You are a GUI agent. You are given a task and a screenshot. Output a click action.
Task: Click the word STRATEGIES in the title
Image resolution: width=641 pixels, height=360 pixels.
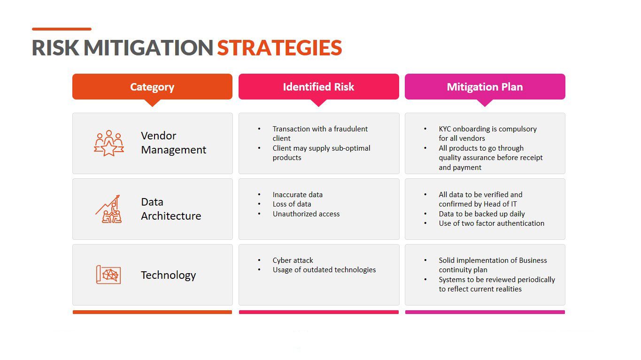tap(279, 47)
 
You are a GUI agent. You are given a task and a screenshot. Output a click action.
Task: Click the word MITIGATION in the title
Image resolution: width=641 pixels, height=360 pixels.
tap(148, 47)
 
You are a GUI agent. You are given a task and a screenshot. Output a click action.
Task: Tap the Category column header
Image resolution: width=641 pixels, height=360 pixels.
tap(152, 87)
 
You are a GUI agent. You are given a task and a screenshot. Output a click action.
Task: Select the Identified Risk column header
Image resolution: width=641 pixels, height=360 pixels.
tap(318, 87)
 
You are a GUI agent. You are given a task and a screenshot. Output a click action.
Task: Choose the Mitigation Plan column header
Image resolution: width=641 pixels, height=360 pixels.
tap(485, 87)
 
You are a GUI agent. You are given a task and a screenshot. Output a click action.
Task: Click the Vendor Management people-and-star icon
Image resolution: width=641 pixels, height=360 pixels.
tap(109, 143)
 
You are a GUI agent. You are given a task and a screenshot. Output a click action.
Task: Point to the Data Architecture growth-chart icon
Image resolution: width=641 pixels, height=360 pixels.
tap(108, 209)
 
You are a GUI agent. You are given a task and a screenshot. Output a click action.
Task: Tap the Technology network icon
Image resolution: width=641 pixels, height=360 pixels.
tap(108, 275)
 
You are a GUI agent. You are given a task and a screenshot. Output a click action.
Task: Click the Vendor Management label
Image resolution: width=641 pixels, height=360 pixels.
tap(173, 143)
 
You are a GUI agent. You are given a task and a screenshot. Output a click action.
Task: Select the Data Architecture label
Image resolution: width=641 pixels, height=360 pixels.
tap(171, 209)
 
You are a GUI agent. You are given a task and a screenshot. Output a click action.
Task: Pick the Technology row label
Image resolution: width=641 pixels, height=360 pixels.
tap(168, 275)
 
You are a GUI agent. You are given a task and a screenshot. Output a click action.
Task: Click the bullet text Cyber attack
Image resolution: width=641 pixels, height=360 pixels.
tap(293, 260)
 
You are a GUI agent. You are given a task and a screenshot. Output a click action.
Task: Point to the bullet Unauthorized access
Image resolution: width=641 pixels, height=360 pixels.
tap(306, 214)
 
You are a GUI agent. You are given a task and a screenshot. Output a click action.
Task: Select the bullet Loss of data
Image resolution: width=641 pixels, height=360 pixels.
tap(292, 204)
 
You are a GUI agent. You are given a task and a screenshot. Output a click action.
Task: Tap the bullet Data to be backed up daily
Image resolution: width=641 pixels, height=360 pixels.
tap(482, 214)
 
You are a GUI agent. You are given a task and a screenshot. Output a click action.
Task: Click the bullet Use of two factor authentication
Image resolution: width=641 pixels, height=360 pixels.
tap(491, 223)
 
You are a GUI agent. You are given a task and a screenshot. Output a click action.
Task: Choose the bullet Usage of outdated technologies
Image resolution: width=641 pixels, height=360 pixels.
tap(324, 270)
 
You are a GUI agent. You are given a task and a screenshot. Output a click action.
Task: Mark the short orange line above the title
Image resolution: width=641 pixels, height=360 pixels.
tap(62, 29)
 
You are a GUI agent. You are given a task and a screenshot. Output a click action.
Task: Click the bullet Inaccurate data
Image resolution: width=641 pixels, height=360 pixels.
tap(297, 195)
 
